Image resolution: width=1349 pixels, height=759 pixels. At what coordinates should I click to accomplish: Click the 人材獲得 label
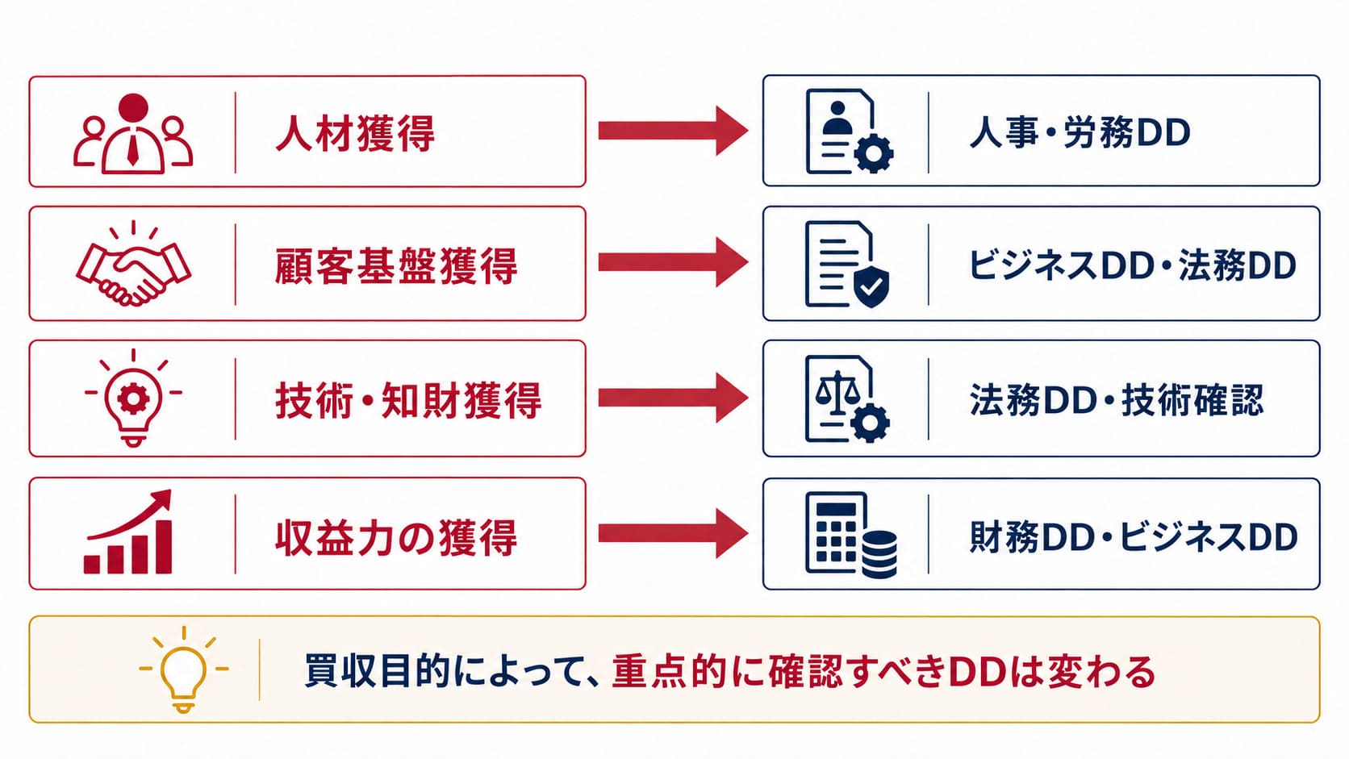tap(355, 133)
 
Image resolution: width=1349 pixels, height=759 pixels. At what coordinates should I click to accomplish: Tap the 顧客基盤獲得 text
tap(396, 265)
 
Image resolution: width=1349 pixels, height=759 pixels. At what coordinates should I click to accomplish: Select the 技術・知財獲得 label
tap(408, 400)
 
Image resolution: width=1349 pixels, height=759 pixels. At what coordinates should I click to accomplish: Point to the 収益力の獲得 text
tap(396, 537)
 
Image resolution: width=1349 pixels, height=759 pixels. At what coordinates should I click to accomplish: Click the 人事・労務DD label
tap(1080, 133)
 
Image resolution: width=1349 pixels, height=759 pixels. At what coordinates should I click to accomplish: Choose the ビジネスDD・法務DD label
tap(1132, 265)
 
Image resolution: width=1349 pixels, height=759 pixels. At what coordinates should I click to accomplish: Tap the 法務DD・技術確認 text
tap(1116, 400)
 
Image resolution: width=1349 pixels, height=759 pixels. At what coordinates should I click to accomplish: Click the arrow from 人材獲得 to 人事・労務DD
tap(674, 131)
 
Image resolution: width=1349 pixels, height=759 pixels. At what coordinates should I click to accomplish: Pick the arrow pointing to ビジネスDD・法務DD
tap(674, 262)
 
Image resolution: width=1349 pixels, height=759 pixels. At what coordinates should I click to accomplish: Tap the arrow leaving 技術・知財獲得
tap(674, 398)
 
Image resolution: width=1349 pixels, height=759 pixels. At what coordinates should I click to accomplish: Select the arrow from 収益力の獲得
tap(674, 533)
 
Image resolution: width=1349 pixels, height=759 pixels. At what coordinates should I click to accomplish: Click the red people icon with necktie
tap(133, 134)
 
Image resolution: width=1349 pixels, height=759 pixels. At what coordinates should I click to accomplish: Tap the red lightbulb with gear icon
tap(133, 398)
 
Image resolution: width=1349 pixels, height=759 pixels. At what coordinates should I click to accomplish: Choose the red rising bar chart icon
tap(128, 532)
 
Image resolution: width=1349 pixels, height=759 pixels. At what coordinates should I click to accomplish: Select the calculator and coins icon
tap(851, 535)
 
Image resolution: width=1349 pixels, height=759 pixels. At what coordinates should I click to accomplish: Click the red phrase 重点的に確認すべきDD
tap(809, 672)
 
